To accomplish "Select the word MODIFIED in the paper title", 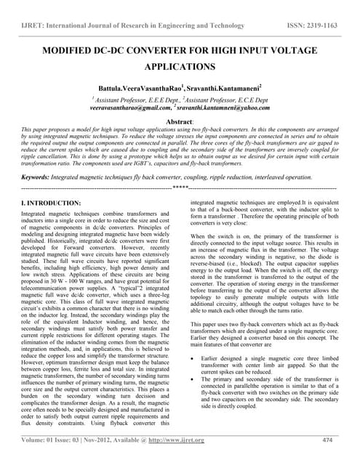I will pyautogui.click(x=74, y=54).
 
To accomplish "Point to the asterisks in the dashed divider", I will pyautogui.click(x=180, y=187).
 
